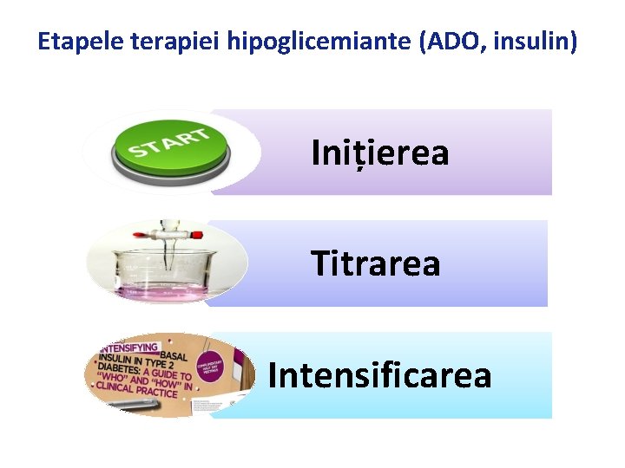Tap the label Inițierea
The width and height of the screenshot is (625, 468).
pos(380,153)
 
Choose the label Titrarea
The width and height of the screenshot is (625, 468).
pos(376,263)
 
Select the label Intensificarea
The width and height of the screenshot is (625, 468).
pos(379,375)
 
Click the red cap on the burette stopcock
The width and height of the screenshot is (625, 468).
pos(197,234)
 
